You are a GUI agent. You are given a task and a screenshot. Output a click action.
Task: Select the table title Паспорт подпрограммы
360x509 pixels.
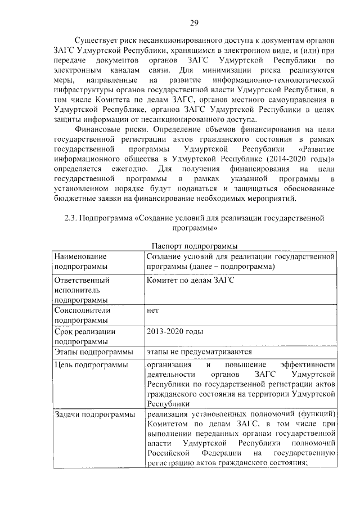(x=195, y=246)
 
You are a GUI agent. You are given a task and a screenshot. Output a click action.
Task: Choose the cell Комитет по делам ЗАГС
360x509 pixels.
(x=190, y=280)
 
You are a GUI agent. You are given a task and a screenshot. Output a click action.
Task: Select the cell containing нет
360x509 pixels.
(x=152, y=310)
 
